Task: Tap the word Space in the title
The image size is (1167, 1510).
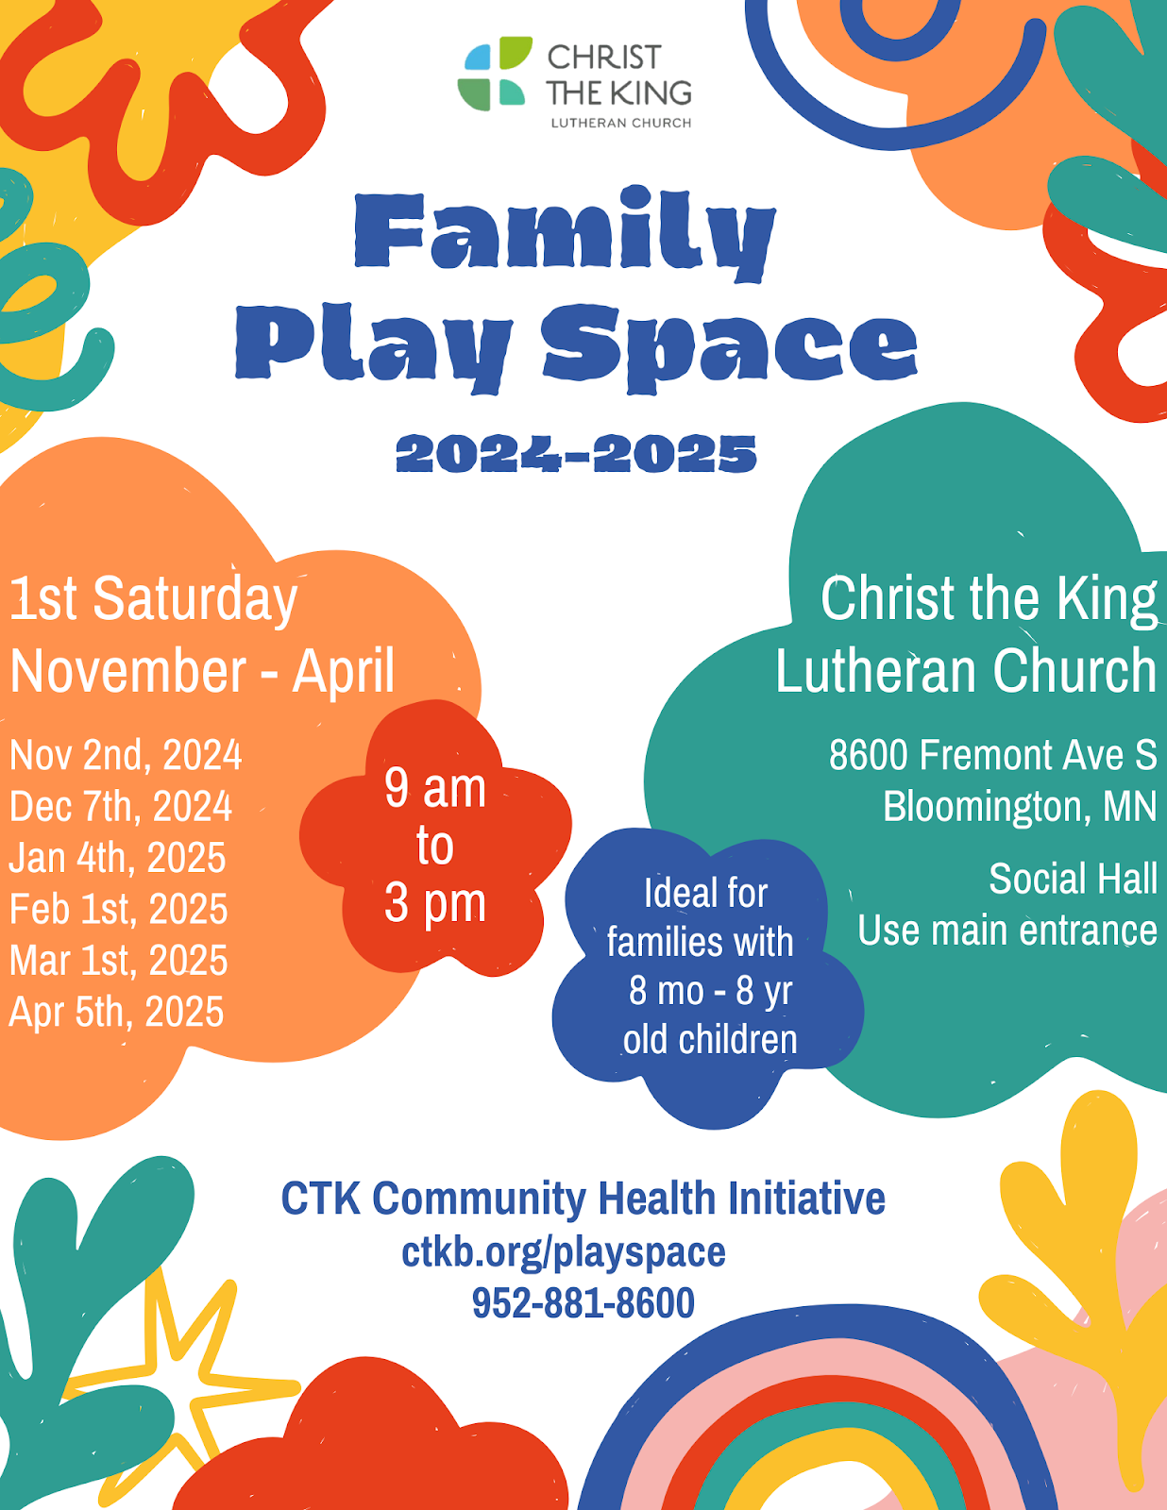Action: (x=729, y=345)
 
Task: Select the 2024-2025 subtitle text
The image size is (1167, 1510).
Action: (x=576, y=454)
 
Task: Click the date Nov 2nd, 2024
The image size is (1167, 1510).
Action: (x=126, y=755)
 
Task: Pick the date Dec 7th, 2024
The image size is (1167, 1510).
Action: (x=121, y=806)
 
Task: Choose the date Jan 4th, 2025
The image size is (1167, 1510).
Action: (x=118, y=858)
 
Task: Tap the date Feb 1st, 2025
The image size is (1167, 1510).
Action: (x=119, y=909)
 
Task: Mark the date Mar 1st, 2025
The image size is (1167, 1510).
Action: (x=119, y=961)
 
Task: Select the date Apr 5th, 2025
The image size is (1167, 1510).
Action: (x=117, y=1012)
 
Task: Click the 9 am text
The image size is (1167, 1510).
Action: (x=435, y=788)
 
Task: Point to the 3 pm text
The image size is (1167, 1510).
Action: (x=435, y=903)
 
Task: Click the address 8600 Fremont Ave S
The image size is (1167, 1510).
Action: (x=992, y=755)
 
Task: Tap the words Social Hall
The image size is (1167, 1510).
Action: (x=1073, y=879)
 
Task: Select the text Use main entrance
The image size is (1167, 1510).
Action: (x=1007, y=931)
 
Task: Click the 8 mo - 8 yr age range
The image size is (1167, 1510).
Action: (x=710, y=991)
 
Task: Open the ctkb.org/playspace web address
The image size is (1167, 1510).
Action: (x=564, y=1252)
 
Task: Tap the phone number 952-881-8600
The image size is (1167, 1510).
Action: (x=583, y=1303)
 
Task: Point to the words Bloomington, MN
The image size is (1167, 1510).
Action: (x=1020, y=807)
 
